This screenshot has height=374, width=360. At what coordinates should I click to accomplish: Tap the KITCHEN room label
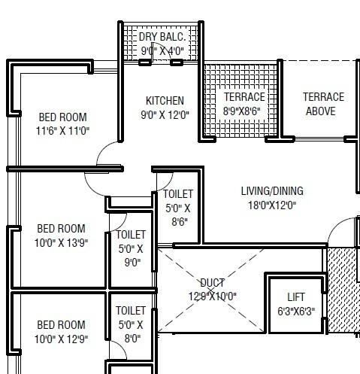point(165,101)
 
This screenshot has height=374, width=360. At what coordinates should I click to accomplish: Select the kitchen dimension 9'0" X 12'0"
point(165,115)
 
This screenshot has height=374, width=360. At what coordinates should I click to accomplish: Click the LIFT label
point(296,297)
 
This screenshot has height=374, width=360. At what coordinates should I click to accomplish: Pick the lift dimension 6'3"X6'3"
point(296,310)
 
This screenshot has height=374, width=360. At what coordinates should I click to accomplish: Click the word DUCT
point(212,283)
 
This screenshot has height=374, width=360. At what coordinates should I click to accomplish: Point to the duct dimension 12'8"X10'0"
point(212,296)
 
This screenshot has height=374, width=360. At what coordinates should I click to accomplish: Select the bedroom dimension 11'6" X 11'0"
point(62,131)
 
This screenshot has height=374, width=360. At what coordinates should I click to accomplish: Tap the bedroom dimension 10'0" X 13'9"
point(62,242)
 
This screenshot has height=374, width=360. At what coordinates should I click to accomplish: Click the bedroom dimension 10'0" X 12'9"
point(62,339)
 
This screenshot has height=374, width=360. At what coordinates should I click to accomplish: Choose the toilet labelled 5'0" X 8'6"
point(178,208)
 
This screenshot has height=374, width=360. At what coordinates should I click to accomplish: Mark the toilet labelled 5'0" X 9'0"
point(131,249)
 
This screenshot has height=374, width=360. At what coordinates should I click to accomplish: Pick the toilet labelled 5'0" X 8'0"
point(131,324)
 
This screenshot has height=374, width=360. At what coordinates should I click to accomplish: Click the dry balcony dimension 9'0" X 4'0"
point(162,51)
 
